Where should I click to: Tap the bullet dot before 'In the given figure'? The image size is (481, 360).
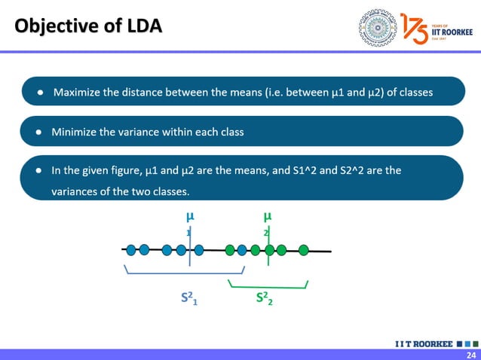(x=38, y=171)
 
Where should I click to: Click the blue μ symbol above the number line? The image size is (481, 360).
(x=189, y=216)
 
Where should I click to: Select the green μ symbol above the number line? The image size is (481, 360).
(x=268, y=216)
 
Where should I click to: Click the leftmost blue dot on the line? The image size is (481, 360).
(x=131, y=249)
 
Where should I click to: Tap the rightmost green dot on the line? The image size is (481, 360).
(x=304, y=249)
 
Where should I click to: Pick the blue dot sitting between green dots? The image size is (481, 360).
(x=242, y=249)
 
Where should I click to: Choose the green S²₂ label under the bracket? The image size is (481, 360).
(x=264, y=299)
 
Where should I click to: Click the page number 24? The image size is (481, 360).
(x=471, y=355)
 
